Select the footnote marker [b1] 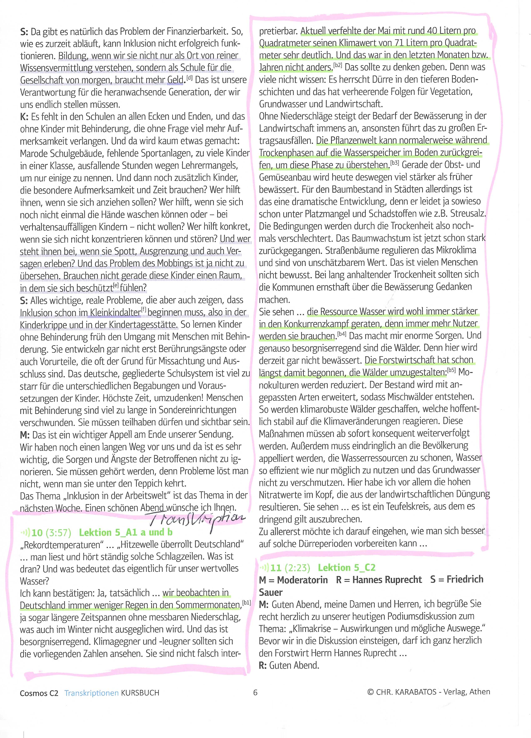click(246, 603)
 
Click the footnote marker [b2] click(338, 65)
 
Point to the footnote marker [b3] click(395, 162)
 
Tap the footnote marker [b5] click(451, 370)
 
